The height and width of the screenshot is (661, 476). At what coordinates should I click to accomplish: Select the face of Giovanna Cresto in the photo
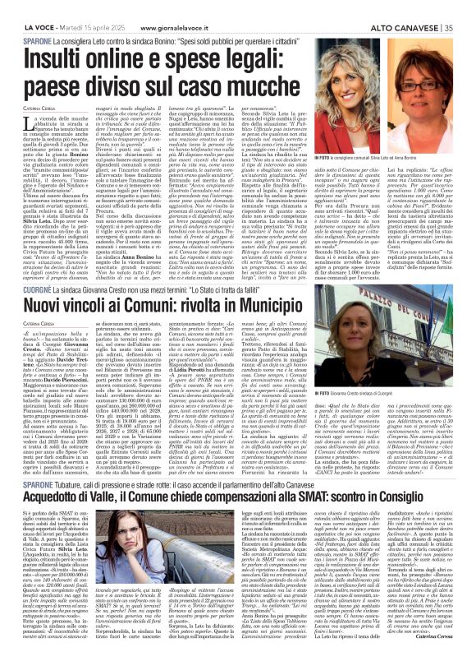pos(414,328)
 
